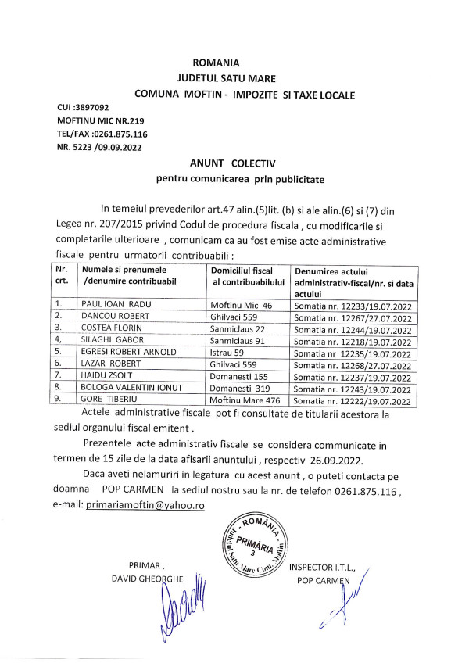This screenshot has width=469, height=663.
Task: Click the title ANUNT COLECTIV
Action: pyautogui.click(x=233, y=163)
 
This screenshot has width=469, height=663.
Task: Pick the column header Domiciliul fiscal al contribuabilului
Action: pyautogui.click(x=246, y=274)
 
